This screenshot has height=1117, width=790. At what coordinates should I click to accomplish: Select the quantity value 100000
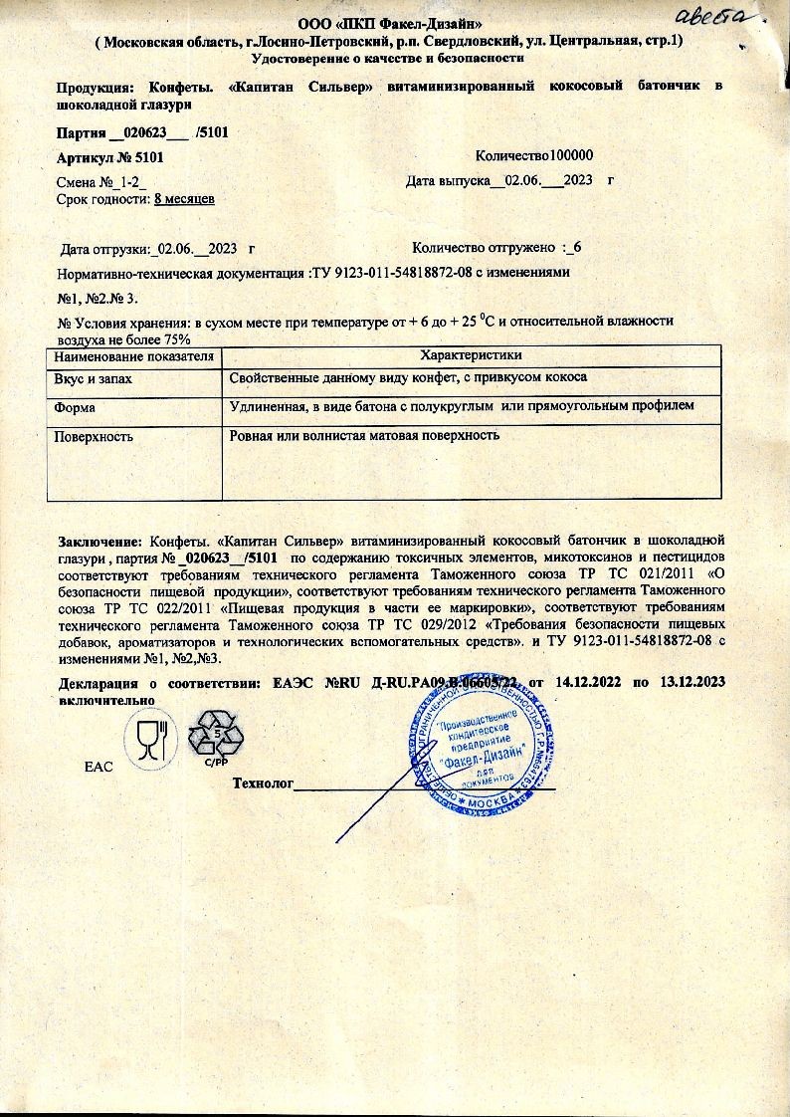pyautogui.click(x=565, y=156)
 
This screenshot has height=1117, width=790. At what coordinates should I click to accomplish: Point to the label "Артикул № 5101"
pyautogui.click(x=110, y=157)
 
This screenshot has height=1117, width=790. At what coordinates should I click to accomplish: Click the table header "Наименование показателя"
pyautogui.click(x=134, y=355)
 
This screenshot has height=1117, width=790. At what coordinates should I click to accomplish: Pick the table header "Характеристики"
pyautogui.click(x=472, y=355)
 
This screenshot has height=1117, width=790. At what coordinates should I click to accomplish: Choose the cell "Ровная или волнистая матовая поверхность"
pyautogui.click(x=363, y=436)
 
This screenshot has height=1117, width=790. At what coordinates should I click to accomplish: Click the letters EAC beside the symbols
pyautogui.click(x=99, y=767)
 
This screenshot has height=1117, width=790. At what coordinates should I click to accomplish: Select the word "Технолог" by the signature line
pyautogui.click(x=263, y=783)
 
